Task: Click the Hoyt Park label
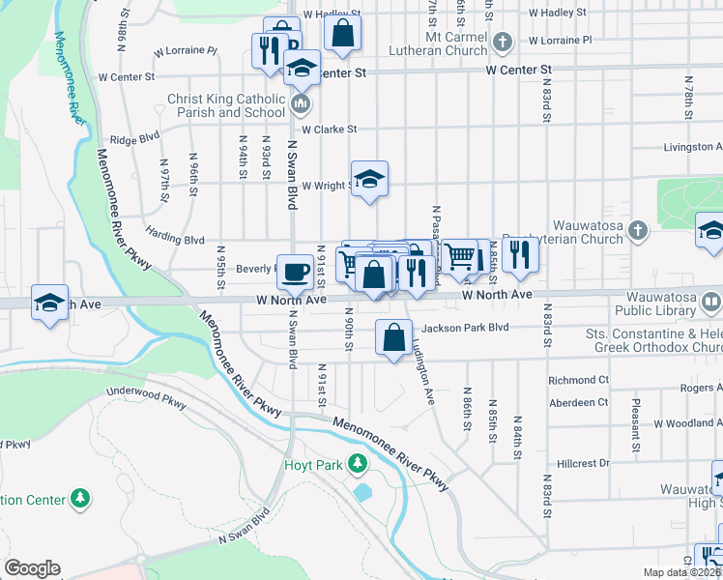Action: (313, 465)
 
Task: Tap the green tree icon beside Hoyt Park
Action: (358, 464)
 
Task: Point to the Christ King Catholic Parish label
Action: (226, 105)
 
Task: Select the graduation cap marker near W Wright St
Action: (369, 179)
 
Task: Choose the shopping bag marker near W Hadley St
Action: (342, 35)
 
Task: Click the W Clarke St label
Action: (329, 129)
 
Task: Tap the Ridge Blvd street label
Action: (133, 139)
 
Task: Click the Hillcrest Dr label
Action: (579, 463)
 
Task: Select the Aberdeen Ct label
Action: (578, 402)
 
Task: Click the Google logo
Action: (32, 568)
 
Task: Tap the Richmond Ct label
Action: (578, 380)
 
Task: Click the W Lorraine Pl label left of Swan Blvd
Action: (185, 50)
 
